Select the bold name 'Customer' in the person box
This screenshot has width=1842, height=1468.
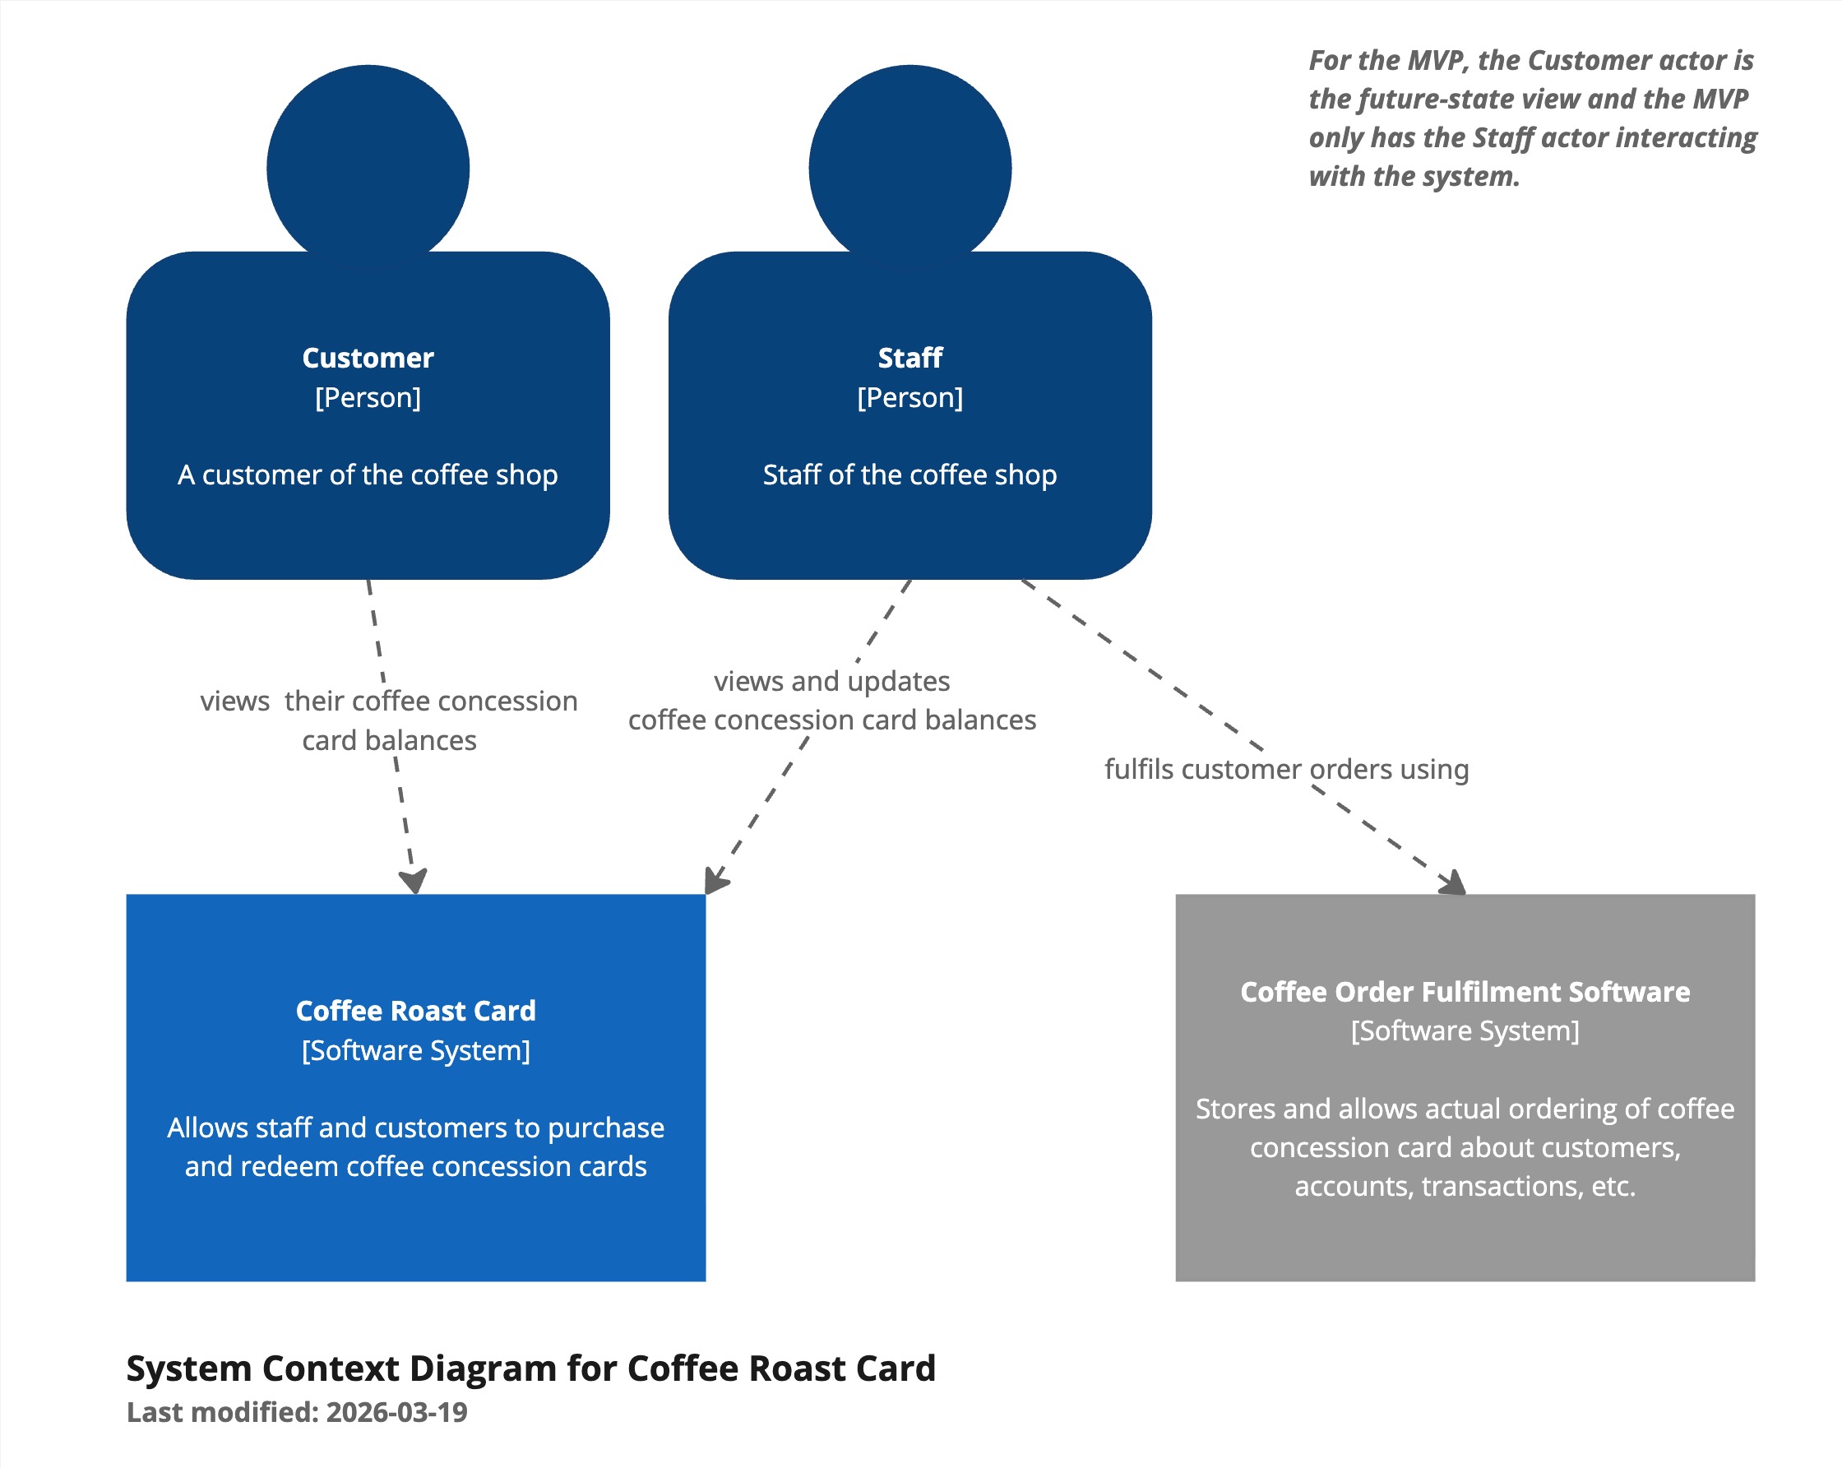click(x=368, y=358)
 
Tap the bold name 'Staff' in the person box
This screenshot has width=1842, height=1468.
click(x=909, y=358)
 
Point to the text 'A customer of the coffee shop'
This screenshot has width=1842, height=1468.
click(x=368, y=475)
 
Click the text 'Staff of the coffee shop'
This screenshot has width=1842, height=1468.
click(x=909, y=475)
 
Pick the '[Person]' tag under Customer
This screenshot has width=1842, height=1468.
click(x=368, y=397)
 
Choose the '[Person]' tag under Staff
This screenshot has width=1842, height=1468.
click(x=909, y=397)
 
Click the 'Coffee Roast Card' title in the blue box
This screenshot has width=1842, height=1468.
click(x=415, y=1011)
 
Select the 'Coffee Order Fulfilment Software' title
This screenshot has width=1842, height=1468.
click(x=1465, y=991)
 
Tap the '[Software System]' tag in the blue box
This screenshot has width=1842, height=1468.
click(x=415, y=1050)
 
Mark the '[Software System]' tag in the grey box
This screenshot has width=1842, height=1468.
click(x=1465, y=1030)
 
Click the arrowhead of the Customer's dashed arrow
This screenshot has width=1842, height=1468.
click(x=414, y=882)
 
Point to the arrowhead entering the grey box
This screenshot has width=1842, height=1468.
click(x=1453, y=883)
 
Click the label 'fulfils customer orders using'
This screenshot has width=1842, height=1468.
click(x=1286, y=769)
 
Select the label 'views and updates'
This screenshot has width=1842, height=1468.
click(x=831, y=681)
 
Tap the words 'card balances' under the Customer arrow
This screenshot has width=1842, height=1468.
click(x=389, y=740)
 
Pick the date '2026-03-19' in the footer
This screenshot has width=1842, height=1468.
click(x=396, y=1412)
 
